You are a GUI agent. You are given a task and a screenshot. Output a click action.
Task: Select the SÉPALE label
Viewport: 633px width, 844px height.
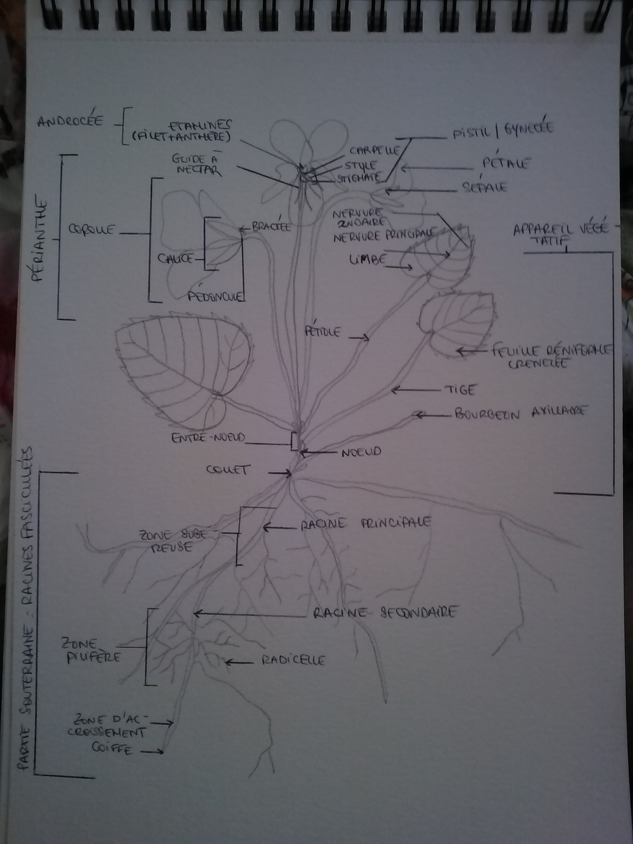click(484, 187)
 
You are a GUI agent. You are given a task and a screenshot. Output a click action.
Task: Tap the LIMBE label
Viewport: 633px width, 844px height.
click(367, 260)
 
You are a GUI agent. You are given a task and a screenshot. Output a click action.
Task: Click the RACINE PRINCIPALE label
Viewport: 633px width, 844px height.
click(366, 523)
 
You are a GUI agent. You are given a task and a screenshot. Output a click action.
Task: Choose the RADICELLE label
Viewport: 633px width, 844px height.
click(293, 660)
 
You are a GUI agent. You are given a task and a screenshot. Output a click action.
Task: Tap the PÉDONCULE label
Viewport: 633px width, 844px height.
click(216, 297)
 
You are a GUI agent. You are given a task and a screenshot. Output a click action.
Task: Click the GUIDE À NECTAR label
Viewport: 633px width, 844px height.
click(197, 164)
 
